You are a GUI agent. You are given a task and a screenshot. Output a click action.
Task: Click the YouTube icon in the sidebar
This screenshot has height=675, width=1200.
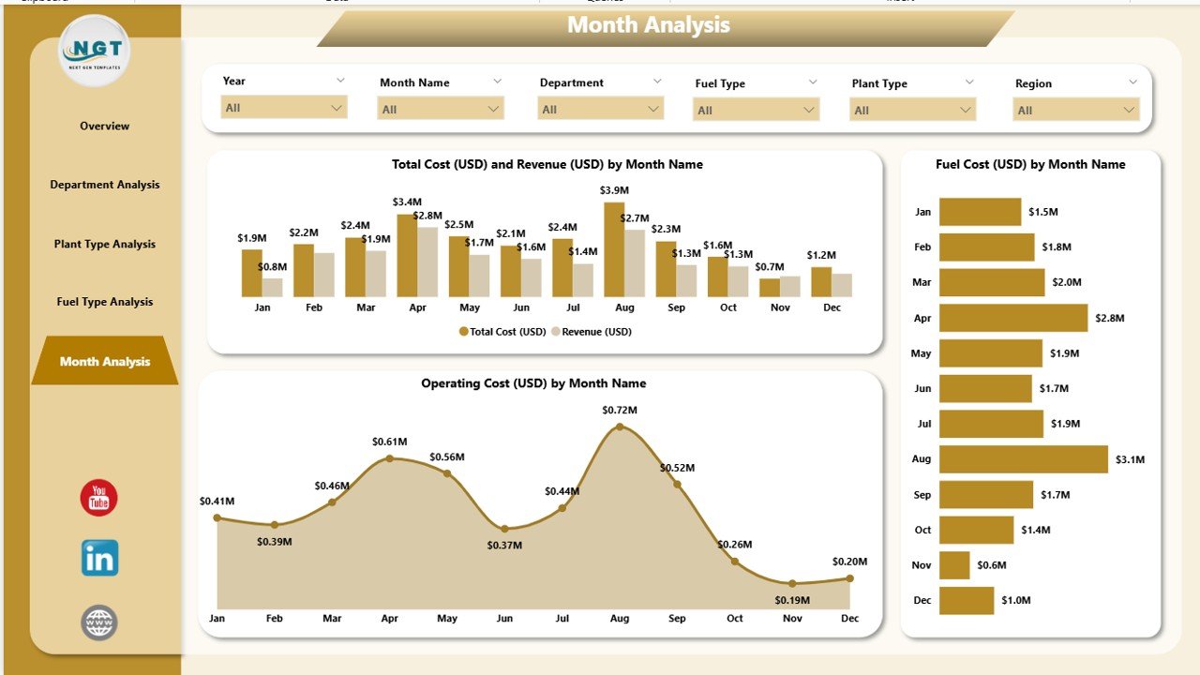(x=98, y=498)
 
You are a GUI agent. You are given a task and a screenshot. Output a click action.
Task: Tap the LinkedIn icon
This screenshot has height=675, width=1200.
(x=99, y=559)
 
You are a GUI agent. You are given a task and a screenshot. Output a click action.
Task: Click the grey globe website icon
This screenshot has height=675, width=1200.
(x=99, y=622)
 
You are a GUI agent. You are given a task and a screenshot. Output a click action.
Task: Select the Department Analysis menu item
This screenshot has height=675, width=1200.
(x=105, y=185)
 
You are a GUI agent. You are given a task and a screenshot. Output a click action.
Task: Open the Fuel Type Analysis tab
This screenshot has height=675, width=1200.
(x=105, y=302)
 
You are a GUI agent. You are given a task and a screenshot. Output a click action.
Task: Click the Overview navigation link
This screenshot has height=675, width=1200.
(x=105, y=126)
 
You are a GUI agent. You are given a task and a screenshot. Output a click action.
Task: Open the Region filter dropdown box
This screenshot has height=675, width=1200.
(x=1075, y=111)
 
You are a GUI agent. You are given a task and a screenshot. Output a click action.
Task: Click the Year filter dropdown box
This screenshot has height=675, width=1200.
(x=284, y=108)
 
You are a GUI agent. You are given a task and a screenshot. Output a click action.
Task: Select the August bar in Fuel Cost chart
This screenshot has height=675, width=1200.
(x=1023, y=459)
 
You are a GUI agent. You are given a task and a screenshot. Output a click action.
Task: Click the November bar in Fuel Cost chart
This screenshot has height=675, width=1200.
(x=954, y=565)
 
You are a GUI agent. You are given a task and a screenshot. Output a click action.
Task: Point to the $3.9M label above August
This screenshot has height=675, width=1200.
(x=614, y=190)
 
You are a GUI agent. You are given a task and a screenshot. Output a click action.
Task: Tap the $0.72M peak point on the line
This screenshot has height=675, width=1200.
(x=620, y=427)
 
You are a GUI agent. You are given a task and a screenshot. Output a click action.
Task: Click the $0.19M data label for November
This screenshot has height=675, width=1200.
(x=792, y=600)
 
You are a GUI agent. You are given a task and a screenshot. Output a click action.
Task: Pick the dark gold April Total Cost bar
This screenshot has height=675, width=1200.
(x=407, y=255)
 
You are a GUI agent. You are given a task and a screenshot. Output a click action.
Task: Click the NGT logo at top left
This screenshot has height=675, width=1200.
(x=94, y=50)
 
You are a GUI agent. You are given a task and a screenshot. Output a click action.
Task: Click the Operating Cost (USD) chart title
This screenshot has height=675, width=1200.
(x=532, y=383)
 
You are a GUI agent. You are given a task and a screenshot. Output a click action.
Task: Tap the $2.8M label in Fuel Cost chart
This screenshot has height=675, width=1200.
(x=1109, y=319)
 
